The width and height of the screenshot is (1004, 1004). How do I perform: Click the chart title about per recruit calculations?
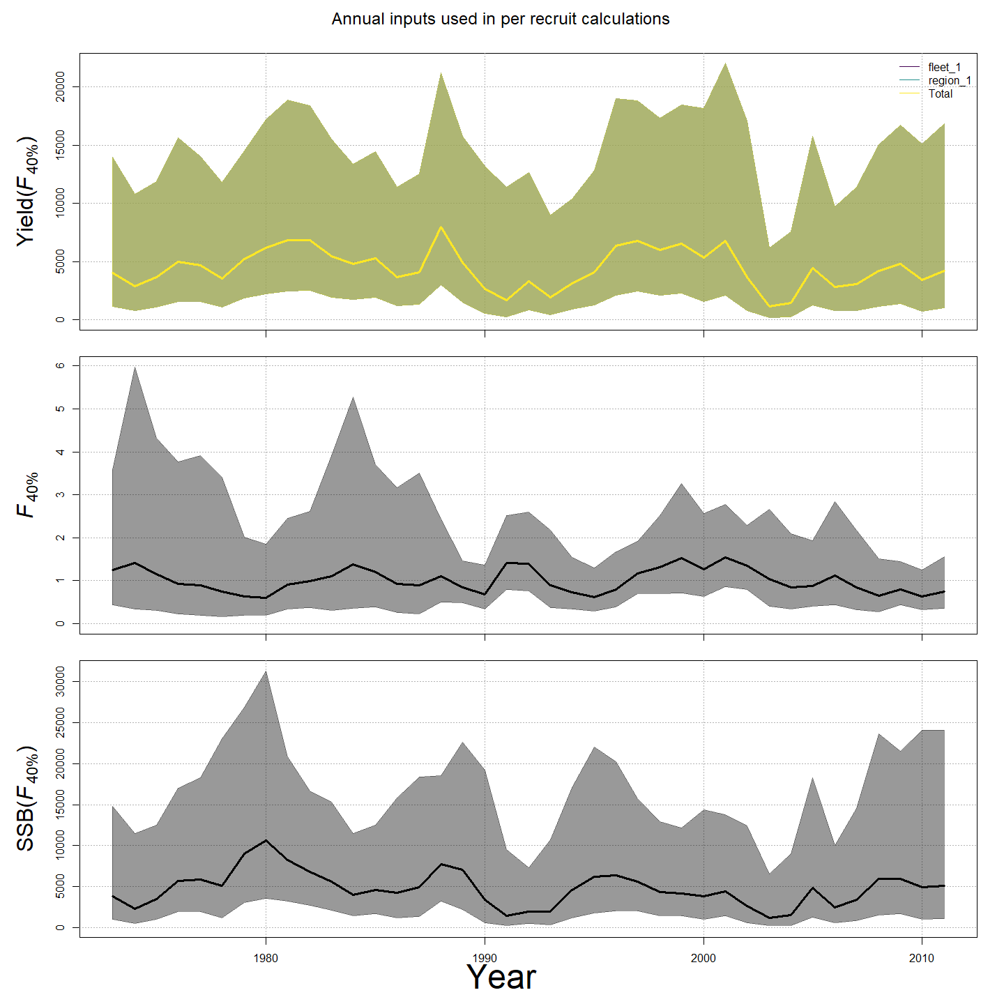click(x=501, y=19)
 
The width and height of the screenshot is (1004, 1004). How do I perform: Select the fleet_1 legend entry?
click(x=944, y=68)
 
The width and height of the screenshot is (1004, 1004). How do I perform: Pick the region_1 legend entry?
click(x=949, y=81)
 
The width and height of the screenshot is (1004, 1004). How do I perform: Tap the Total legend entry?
click(x=940, y=93)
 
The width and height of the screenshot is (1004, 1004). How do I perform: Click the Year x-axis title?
click(x=501, y=977)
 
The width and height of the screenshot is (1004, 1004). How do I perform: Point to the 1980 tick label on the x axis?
click(x=266, y=958)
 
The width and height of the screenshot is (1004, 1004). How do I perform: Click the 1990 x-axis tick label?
click(x=485, y=958)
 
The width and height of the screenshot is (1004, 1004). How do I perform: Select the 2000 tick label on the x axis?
click(x=703, y=958)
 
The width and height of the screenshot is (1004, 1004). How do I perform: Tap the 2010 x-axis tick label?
click(x=922, y=958)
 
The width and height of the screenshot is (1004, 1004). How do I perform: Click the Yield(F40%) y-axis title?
click(x=26, y=190)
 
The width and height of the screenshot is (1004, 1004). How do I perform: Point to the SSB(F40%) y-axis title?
click(x=26, y=798)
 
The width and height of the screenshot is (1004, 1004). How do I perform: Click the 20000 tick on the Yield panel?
click(x=61, y=86)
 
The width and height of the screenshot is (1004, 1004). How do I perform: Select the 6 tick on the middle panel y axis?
click(x=61, y=365)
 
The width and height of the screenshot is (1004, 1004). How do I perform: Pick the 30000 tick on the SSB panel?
click(x=61, y=682)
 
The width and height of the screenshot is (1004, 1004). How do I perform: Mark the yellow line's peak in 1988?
click(x=441, y=227)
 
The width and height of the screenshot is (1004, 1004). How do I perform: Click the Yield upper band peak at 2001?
click(x=725, y=63)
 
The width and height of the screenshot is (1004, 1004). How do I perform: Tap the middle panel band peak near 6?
click(x=135, y=367)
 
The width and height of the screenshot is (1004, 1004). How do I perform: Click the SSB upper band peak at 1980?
click(x=266, y=671)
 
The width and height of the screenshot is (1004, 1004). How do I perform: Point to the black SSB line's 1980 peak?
click(x=266, y=840)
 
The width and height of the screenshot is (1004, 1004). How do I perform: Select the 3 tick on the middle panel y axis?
click(x=61, y=494)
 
